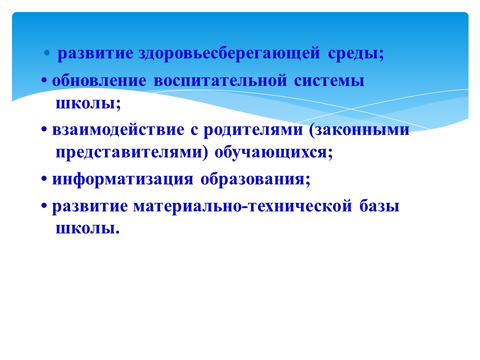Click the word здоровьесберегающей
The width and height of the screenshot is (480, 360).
point(229,53)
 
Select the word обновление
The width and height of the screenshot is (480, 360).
point(99,81)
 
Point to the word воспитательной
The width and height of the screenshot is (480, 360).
point(220,81)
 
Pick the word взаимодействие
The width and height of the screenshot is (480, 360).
point(118,130)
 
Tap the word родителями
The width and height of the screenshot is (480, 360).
point(253,130)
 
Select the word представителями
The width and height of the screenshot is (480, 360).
point(129,152)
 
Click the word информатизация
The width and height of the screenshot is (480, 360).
point(123,179)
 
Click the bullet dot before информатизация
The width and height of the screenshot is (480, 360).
point(44,179)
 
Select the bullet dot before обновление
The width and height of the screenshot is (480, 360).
point(44,81)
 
